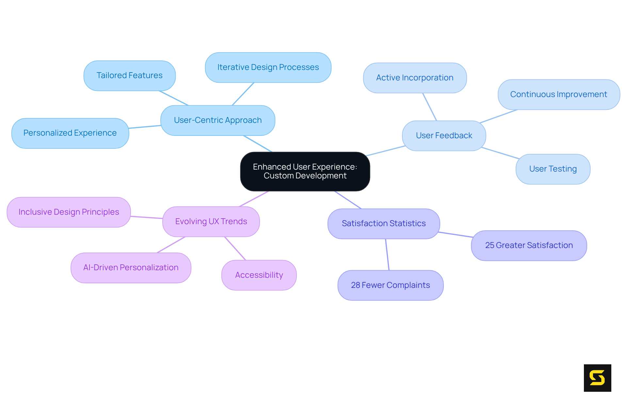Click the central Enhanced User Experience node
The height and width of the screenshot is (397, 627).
pyautogui.click(x=305, y=171)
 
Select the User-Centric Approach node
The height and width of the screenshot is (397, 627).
pyautogui.click(x=218, y=120)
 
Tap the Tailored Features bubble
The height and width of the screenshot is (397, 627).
pyautogui.click(x=130, y=75)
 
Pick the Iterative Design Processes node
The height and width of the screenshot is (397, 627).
pyautogui.click(x=268, y=67)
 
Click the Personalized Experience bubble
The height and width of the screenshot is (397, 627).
pyautogui.click(x=70, y=133)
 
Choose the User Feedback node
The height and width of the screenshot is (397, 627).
pyautogui.click(x=444, y=136)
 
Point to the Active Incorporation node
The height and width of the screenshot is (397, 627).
pyautogui.click(x=415, y=78)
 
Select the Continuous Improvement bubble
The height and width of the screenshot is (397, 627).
pyautogui.click(x=558, y=94)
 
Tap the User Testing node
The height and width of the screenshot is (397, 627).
pyautogui.click(x=553, y=169)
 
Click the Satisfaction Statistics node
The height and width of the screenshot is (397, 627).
pyautogui.click(x=384, y=223)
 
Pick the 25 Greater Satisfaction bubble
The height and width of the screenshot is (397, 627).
pyautogui.click(x=529, y=245)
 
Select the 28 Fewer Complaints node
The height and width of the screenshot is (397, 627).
pyautogui.click(x=390, y=285)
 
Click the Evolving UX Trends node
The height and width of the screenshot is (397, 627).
pyautogui.click(x=211, y=222)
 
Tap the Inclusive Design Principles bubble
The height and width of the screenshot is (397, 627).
pyautogui.click(x=69, y=212)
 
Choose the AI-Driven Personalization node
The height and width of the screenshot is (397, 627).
pyautogui.click(x=131, y=268)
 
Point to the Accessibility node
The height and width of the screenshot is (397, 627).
pyautogui.click(x=259, y=275)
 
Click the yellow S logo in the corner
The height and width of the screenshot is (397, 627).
pyautogui.click(x=597, y=378)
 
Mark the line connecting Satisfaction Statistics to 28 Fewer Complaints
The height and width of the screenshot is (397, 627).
pyautogui.click(x=387, y=255)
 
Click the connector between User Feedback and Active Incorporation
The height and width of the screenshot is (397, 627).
pyautogui.click(x=429, y=107)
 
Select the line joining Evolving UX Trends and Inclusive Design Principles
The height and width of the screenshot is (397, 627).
pyautogui.click(x=147, y=217)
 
